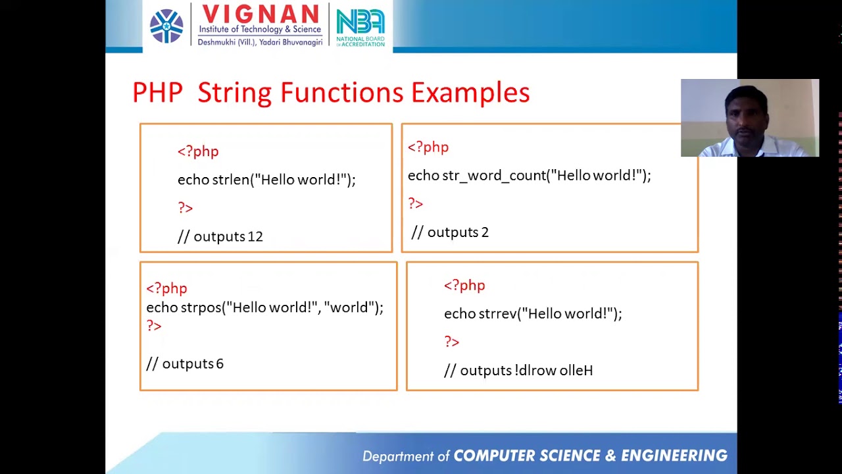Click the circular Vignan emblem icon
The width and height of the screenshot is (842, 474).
(x=166, y=26)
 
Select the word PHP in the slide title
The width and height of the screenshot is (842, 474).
(x=157, y=93)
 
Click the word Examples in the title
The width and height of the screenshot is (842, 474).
(x=470, y=93)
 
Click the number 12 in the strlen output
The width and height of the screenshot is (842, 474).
(x=255, y=237)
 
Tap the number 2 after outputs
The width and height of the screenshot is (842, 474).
(x=485, y=232)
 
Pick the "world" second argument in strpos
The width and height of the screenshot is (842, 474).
(x=351, y=307)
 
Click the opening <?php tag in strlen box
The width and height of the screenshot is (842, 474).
(x=197, y=151)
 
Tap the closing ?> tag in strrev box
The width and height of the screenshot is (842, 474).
(x=451, y=342)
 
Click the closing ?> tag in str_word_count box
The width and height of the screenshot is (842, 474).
(x=415, y=204)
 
